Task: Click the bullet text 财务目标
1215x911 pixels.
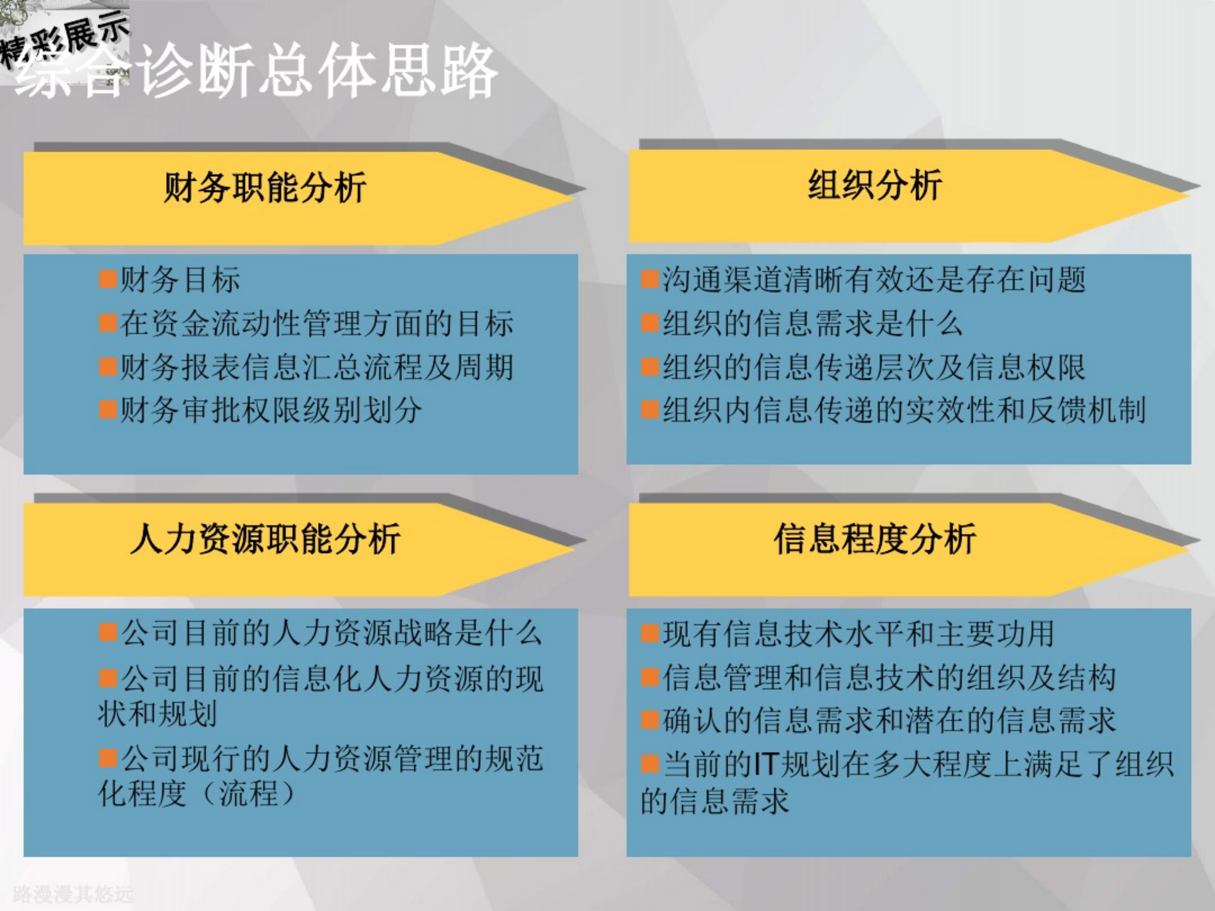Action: click(x=180, y=279)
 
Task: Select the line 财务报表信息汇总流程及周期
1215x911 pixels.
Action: click(x=317, y=367)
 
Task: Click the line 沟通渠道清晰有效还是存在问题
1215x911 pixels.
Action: click(x=873, y=279)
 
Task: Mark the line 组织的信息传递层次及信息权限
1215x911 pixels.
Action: click(x=873, y=367)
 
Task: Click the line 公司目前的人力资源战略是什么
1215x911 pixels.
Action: click(x=331, y=633)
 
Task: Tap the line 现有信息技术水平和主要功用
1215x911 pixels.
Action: click(x=858, y=633)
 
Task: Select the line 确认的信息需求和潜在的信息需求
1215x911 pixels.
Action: click(x=889, y=720)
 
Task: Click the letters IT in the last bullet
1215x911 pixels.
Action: click(x=766, y=764)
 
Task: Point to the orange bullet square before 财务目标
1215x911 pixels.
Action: click(x=108, y=279)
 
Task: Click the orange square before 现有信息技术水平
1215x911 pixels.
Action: click(x=650, y=634)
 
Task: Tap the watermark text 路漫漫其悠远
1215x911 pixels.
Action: click(x=73, y=894)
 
